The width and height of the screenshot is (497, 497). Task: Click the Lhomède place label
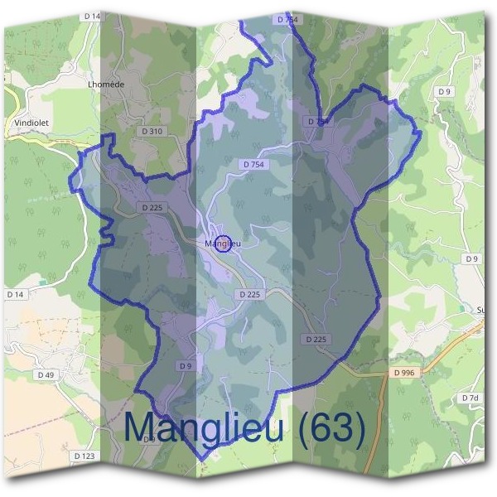click(x=105, y=84)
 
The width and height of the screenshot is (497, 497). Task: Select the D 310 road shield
click(x=152, y=131)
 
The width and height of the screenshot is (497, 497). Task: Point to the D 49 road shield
click(x=46, y=375)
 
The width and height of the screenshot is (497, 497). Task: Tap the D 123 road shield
click(x=83, y=456)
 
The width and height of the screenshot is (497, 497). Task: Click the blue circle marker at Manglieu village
click(x=222, y=244)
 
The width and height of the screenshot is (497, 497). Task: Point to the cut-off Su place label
click(x=481, y=311)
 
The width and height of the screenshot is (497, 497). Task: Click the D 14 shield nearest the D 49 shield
click(x=15, y=294)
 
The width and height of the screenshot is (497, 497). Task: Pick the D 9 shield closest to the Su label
click(x=472, y=259)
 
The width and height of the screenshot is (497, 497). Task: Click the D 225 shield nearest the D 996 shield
click(x=316, y=340)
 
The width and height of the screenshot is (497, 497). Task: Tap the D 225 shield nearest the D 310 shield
click(x=152, y=207)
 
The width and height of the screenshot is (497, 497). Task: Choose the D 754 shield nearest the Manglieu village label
click(x=254, y=165)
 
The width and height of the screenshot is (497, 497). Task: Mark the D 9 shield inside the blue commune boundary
click(x=185, y=365)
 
